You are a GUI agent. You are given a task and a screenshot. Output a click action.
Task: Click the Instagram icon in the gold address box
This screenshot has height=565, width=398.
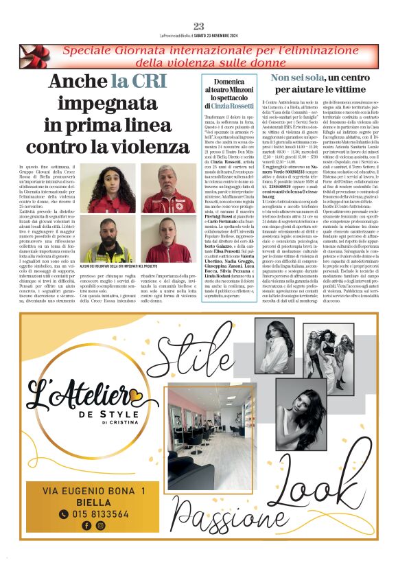[x=101, y=526]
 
